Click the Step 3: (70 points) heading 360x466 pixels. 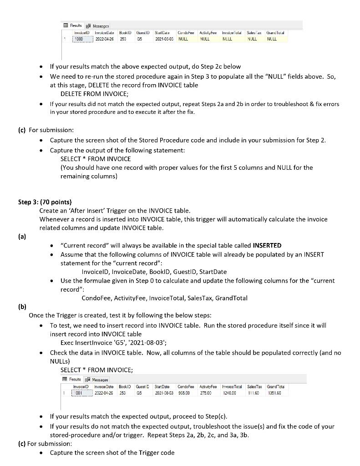click(x=45, y=202)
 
